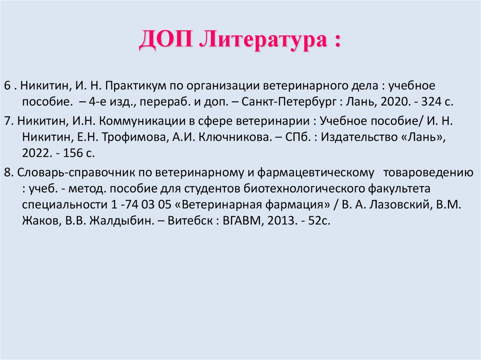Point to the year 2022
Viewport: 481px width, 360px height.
tap(35, 153)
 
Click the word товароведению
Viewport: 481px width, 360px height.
tap(428, 173)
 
